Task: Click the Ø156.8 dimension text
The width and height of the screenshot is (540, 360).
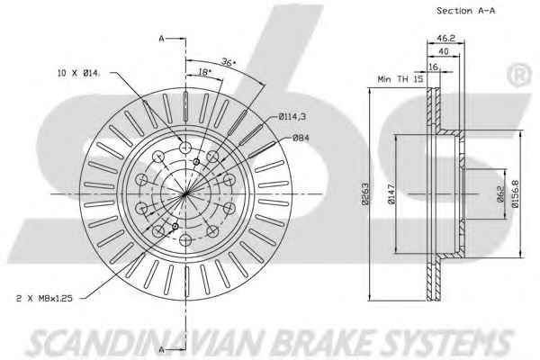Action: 514,197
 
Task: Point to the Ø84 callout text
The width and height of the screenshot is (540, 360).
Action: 301,137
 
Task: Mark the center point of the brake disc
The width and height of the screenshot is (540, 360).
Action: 184,195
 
